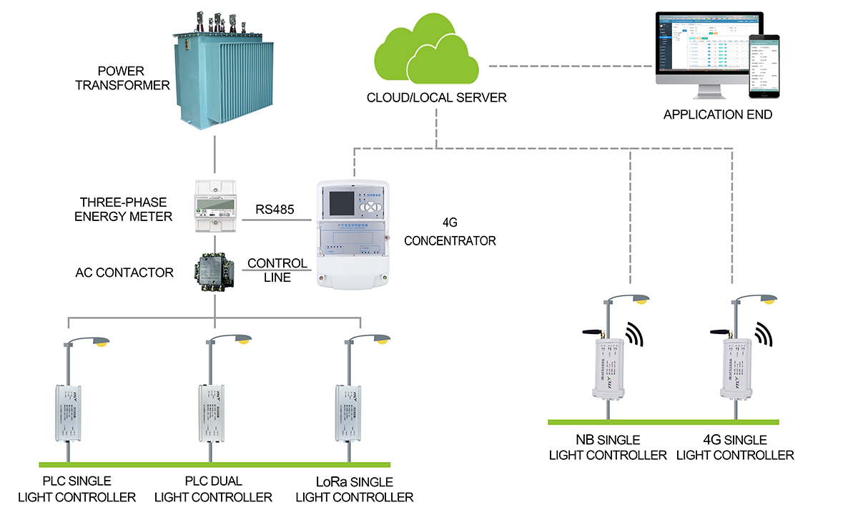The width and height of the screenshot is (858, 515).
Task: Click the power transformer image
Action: pyautogui.click(x=215, y=72)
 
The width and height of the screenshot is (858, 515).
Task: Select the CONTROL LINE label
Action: pyautogui.click(x=277, y=270)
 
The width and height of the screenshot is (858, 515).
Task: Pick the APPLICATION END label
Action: pyautogui.click(x=718, y=114)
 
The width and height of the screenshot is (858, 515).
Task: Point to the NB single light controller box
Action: pyautogui.click(x=609, y=366)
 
